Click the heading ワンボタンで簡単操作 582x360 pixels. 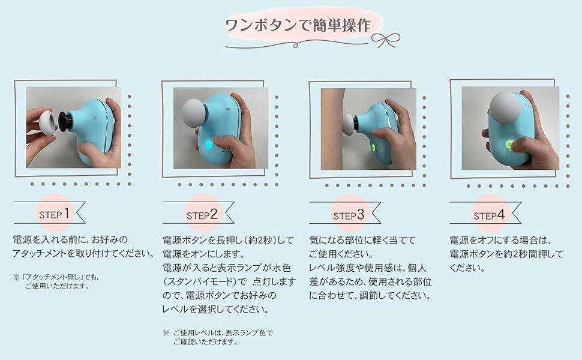pos(298,25)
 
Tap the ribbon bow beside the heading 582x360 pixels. pos(386,40)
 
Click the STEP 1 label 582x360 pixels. pos(54,214)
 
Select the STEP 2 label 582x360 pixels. pos(202,215)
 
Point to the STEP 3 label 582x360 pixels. pos(349,215)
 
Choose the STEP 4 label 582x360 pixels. pos(489,215)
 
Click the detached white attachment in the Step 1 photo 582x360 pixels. pos(47,122)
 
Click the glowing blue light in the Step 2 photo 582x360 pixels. pos(208,145)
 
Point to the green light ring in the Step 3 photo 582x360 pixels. pos(373,148)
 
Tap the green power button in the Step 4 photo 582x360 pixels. pos(510,145)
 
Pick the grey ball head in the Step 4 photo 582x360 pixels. pos(506,107)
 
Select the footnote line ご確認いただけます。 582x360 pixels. pos(205,342)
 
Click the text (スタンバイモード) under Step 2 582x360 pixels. pos(205,281)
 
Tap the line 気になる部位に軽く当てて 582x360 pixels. pos(362,241)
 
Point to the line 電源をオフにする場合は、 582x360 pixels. pos(501,241)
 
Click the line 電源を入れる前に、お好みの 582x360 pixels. pos(70,240)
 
